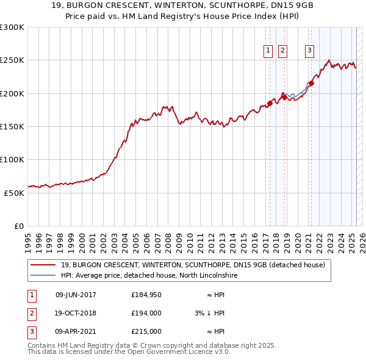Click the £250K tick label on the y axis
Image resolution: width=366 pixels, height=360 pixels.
tap(12, 60)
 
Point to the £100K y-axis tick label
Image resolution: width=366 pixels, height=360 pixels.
tap(12, 159)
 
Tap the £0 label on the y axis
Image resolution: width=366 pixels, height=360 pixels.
tap(19, 226)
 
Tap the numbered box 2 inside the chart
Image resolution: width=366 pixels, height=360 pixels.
tap(282, 51)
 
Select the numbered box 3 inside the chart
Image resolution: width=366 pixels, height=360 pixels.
tap(310, 51)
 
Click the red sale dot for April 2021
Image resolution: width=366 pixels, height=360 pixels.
tap(311, 84)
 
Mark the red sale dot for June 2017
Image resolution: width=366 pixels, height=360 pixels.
tap(270, 103)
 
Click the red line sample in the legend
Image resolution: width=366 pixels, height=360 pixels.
tap(43, 265)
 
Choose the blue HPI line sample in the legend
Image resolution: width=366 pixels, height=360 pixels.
tap(43, 276)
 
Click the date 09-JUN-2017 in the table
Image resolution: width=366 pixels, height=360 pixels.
tap(76, 295)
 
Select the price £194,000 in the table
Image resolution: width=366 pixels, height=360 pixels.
tap(146, 313)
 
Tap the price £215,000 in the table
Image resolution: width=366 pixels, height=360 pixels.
tap(146, 331)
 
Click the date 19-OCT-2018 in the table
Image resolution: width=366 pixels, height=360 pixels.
tap(76, 313)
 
